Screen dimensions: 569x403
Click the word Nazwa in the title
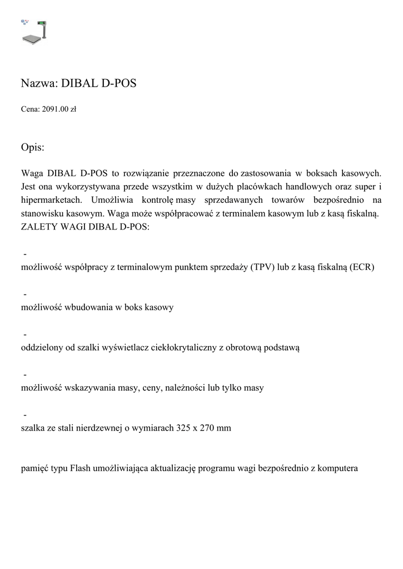click(38, 84)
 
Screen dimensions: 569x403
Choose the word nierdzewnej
click(124, 428)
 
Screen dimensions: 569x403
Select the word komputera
click(337, 468)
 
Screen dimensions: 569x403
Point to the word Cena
click(29, 109)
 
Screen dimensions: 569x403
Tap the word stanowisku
click(42, 213)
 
